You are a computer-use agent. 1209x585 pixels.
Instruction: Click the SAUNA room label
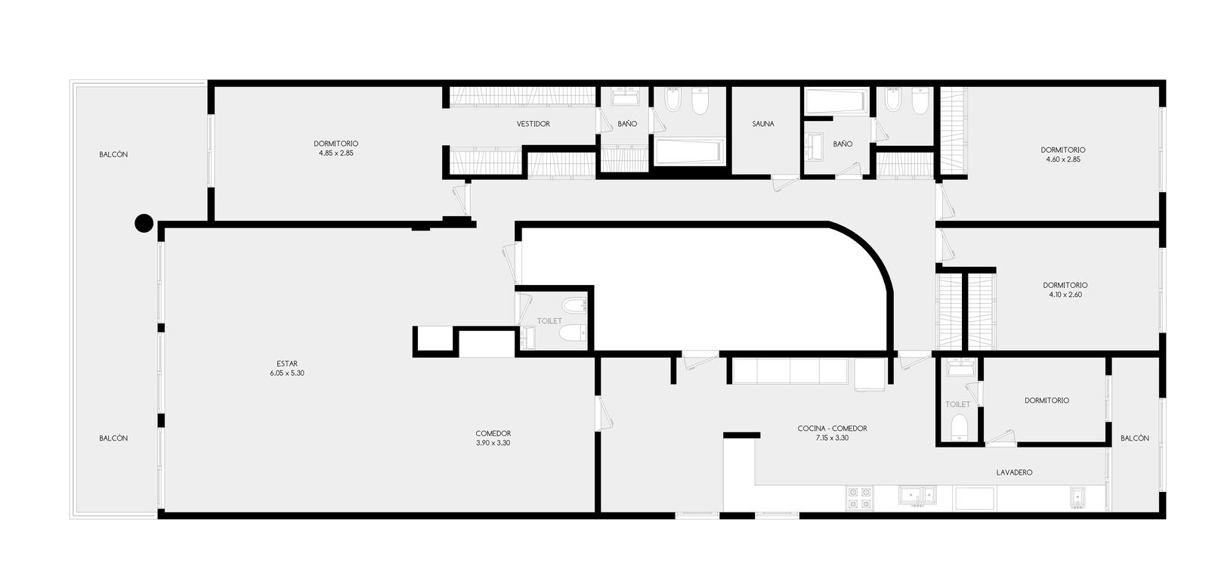[x=762, y=124]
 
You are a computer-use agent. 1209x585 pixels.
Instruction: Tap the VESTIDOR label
[x=533, y=124]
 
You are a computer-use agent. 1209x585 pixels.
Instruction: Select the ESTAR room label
[x=287, y=364]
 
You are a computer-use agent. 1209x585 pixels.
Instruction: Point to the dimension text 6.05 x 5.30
[x=287, y=373]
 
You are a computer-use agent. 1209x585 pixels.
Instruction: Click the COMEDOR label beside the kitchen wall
[x=493, y=433]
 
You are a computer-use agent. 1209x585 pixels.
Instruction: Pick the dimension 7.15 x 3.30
[x=832, y=438]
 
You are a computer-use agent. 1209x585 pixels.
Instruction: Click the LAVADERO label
[x=1014, y=472]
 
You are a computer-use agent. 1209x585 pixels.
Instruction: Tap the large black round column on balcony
[x=144, y=223]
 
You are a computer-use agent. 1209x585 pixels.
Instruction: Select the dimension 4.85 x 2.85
[x=335, y=153]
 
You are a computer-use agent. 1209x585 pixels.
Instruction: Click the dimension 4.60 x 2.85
[x=1062, y=159]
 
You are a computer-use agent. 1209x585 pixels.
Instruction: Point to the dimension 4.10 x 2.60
[x=1065, y=295]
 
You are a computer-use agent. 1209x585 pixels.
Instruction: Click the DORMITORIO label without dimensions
[x=1047, y=401]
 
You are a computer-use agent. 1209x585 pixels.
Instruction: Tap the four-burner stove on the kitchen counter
[x=859, y=498]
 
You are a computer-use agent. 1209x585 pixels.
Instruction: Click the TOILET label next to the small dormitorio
[x=957, y=404]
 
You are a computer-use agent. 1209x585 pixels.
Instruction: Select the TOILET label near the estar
[x=549, y=321]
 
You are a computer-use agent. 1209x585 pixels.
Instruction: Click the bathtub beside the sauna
[x=836, y=101]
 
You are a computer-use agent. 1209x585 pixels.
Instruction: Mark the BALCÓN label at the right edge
[x=1134, y=438]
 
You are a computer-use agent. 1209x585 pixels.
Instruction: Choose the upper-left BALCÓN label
[x=113, y=154]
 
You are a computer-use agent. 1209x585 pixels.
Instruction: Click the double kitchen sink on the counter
[x=917, y=495]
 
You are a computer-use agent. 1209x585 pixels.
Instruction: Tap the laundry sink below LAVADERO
[x=1078, y=497]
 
